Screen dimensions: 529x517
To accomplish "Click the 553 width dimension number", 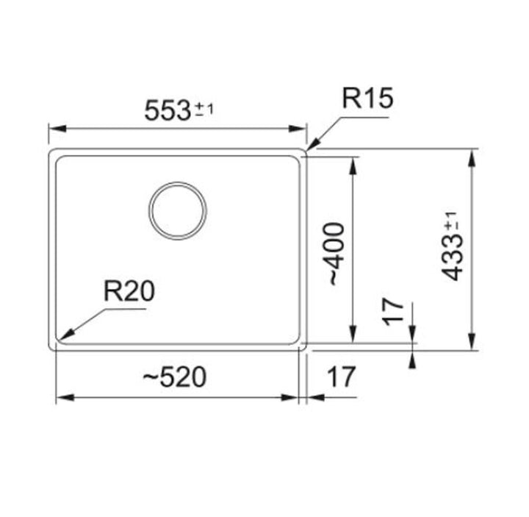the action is [x=167, y=111].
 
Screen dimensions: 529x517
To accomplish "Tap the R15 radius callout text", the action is [x=367, y=99].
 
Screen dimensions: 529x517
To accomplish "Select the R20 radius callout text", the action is [x=129, y=291].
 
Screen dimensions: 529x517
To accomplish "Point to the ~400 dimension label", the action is [x=334, y=254].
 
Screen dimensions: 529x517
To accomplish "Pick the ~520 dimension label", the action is [x=174, y=377].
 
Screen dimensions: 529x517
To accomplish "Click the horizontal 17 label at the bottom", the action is [x=342, y=377].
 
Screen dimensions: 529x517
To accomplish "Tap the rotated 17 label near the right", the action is [x=394, y=312].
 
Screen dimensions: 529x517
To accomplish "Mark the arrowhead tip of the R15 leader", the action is [x=307, y=150].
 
